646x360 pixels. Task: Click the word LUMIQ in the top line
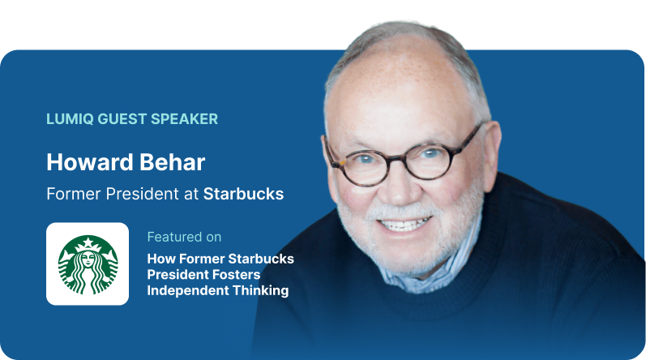point(70,119)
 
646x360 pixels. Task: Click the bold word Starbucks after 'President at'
point(242,195)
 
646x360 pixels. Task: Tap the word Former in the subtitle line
point(70,195)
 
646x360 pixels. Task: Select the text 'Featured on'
point(184,237)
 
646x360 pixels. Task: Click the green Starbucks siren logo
point(88,264)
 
